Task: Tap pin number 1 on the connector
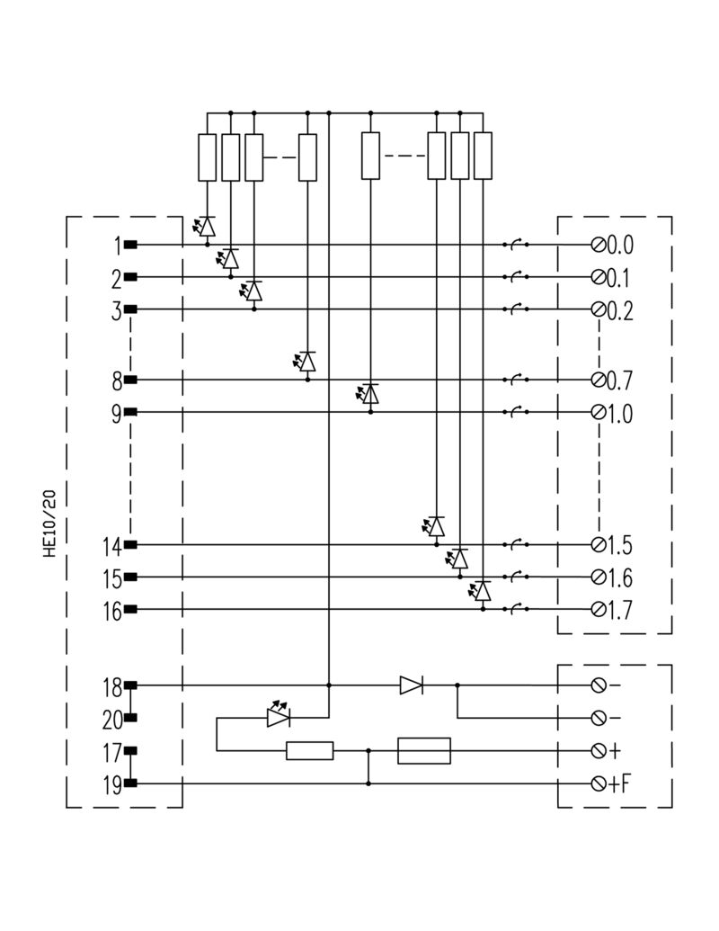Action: pyautogui.click(x=117, y=245)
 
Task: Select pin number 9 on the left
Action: pyautogui.click(x=117, y=413)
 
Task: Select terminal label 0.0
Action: pyautogui.click(x=620, y=245)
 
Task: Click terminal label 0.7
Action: pyautogui.click(x=620, y=380)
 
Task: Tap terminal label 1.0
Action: pyautogui.click(x=620, y=414)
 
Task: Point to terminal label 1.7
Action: pyautogui.click(x=620, y=611)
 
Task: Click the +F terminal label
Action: pyautogui.click(x=619, y=783)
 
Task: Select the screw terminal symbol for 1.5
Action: pyautogui.click(x=598, y=545)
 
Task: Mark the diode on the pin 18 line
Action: pyautogui.click(x=412, y=685)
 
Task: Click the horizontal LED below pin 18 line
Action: pyautogui.click(x=278, y=717)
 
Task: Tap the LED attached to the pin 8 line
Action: pyautogui.click(x=307, y=362)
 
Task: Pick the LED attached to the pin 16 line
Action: pyautogui.click(x=483, y=591)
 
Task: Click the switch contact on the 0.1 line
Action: pyautogui.click(x=516, y=276)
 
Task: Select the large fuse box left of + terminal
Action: pyautogui.click(x=423, y=750)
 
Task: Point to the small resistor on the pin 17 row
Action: pyautogui.click(x=310, y=750)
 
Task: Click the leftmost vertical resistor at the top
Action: pyautogui.click(x=208, y=157)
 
